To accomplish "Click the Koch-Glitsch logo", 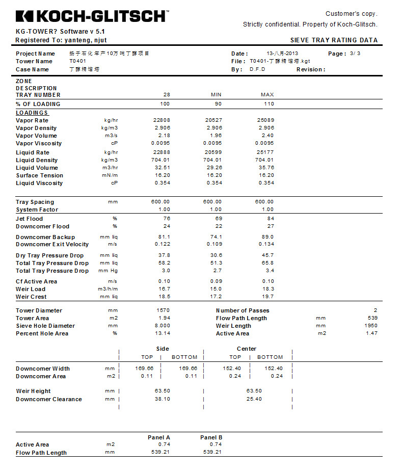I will (x=91, y=16).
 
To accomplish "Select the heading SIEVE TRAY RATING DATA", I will (x=334, y=40).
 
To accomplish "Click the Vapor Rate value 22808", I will (x=162, y=120).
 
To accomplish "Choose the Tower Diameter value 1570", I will (x=163, y=310).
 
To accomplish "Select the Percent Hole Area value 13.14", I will (x=163, y=333).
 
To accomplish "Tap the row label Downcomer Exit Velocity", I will (x=52, y=245).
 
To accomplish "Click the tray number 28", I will (x=167, y=95).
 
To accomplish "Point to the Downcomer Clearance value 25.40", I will (x=254, y=399).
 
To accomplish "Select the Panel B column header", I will (x=211, y=437).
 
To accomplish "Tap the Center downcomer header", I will (x=247, y=349).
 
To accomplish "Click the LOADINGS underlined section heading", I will (x=32, y=113).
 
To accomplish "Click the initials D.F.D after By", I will (x=257, y=69).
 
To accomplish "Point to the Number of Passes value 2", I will (x=375, y=310).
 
